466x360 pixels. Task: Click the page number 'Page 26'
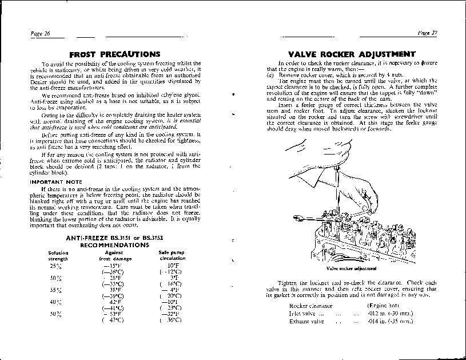pyautogui.click(x=40, y=33)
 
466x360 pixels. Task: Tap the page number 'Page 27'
pyautogui.click(x=427, y=33)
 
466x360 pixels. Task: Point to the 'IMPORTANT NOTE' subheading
pyautogui.click(x=56, y=182)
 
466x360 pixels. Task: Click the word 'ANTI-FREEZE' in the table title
pyautogui.click(x=85, y=237)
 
